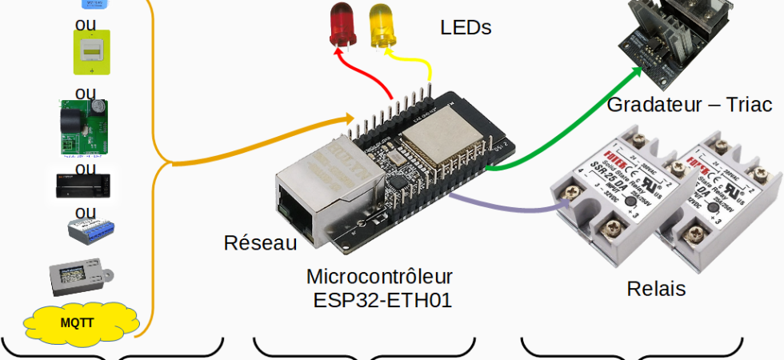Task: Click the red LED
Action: point(343,25)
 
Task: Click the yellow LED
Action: point(382,25)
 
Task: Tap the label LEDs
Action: point(466,28)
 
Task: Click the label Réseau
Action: point(260,243)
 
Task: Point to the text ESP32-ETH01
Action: point(382,300)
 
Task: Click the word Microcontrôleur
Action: point(379,277)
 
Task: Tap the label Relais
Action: point(656,289)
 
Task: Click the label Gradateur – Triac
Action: point(689,105)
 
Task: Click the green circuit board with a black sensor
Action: point(83,126)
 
